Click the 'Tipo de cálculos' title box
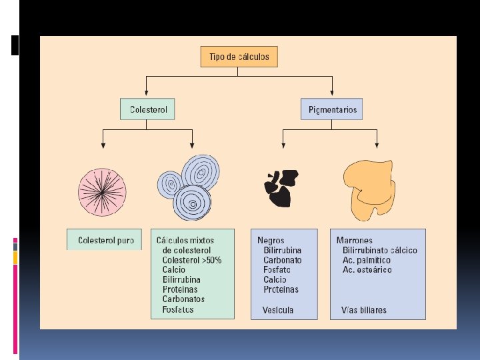coord(239,57)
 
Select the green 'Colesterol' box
coord(147,109)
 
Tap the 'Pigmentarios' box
coord(332,109)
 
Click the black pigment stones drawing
coord(281,188)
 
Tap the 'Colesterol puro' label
coord(105,239)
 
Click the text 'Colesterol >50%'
coord(192,260)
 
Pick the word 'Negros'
coord(271,240)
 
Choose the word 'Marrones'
coord(355,240)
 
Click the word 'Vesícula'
coord(278,310)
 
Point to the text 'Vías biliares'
coord(363,310)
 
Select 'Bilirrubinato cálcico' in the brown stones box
coord(380,250)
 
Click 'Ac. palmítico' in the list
coord(367,260)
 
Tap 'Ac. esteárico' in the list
coord(367,270)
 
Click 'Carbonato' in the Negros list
coord(283,260)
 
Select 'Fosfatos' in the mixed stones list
coord(178,309)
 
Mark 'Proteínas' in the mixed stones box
coord(180,289)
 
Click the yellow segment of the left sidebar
coord(15,257)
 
